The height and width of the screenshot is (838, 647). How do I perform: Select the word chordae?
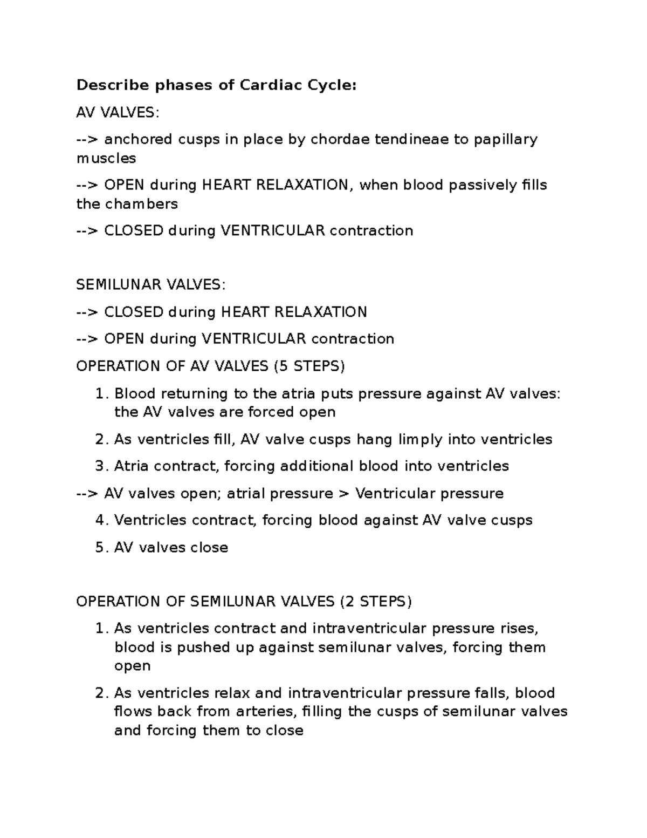pyautogui.click(x=340, y=139)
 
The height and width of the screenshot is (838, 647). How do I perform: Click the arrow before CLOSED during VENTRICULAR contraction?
pyautogui.click(x=87, y=231)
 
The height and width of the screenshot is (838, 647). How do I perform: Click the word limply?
pyautogui.click(x=421, y=440)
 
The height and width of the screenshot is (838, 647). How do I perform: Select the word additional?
pyautogui.click(x=317, y=466)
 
